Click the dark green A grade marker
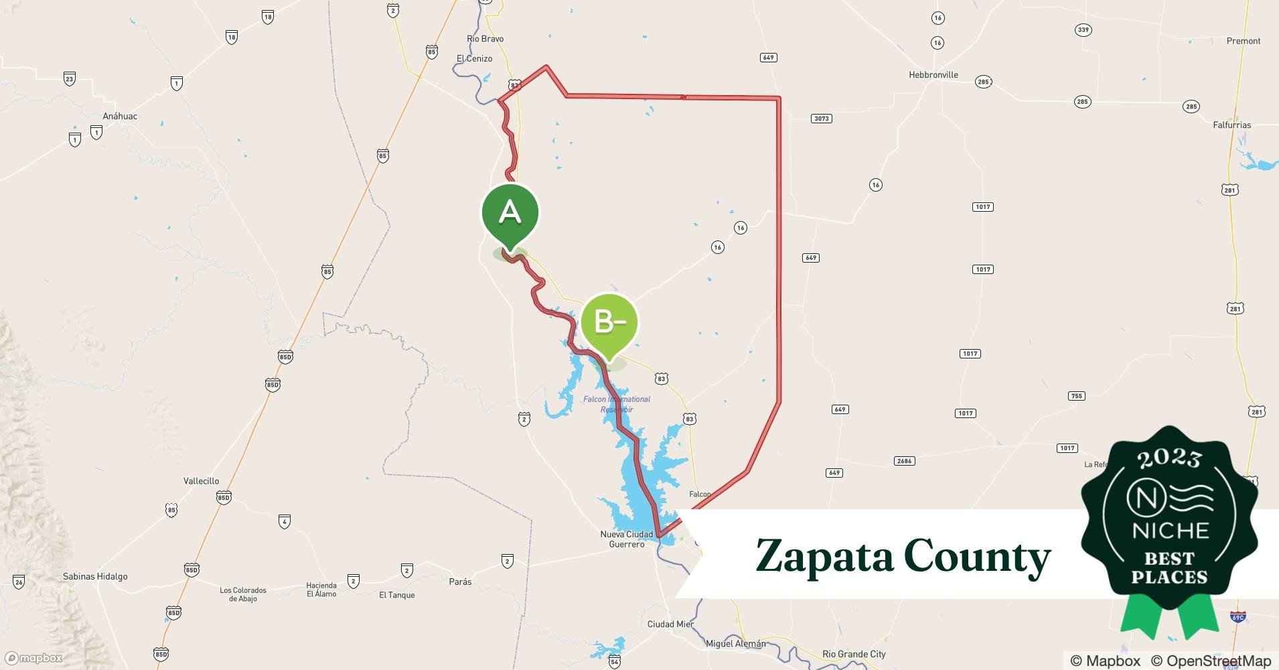[x=510, y=213]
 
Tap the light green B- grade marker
[x=609, y=323]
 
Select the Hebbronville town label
[x=933, y=75]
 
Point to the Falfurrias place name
[x=1231, y=125]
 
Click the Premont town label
[x=1243, y=41]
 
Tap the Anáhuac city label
[x=120, y=117]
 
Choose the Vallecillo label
[x=201, y=481]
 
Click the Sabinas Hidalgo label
[x=95, y=576]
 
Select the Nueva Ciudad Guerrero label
[x=626, y=539]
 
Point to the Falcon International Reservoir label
[x=617, y=404]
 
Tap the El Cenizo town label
[x=474, y=59]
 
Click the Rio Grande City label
[x=854, y=654]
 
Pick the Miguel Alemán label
[x=735, y=644]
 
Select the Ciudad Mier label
[x=670, y=624]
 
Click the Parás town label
[x=460, y=582]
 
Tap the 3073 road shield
[x=821, y=119]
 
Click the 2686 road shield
[x=904, y=461]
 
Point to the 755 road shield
[x=1076, y=396]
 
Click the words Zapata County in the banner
[x=903, y=556]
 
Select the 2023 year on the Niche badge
[x=1169, y=458]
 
